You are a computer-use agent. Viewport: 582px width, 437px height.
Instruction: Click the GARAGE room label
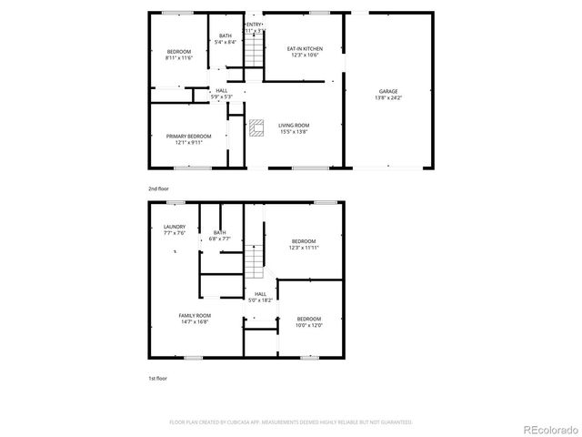tap(388, 91)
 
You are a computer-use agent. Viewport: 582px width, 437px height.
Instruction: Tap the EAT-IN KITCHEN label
tap(305, 48)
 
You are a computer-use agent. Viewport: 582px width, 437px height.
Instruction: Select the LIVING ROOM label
tap(294, 125)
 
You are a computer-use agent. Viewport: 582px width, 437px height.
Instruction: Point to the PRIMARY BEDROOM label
tap(188, 137)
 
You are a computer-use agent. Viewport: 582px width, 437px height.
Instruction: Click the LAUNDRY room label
tap(174, 227)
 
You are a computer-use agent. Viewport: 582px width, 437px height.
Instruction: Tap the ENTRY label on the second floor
tap(255, 25)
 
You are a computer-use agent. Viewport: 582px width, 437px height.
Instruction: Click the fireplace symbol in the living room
tap(256, 127)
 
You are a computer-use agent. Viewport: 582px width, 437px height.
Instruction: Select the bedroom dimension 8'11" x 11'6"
tap(178, 57)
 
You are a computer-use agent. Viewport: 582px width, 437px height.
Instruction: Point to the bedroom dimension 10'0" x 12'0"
tap(309, 325)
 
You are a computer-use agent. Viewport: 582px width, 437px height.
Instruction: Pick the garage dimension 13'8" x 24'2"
tap(388, 97)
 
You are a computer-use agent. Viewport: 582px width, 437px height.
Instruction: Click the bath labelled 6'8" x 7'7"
tap(220, 239)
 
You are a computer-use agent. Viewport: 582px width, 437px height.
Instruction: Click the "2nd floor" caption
tap(158, 188)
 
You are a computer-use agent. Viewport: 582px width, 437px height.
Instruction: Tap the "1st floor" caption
tap(157, 378)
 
